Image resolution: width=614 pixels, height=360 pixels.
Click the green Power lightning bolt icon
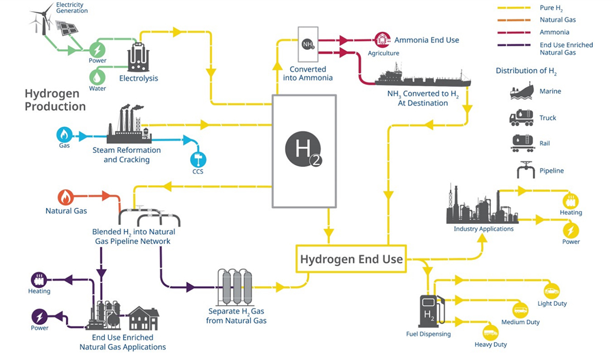click(x=97, y=50)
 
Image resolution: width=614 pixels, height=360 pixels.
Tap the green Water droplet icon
click(x=97, y=77)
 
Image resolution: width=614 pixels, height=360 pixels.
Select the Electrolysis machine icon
click(x=138, y=57)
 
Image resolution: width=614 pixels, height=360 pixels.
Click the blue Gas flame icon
click(x=64, y=135)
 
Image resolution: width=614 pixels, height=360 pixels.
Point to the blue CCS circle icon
click(x=198, y=160)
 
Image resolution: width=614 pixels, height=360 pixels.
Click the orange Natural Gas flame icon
click(x=66, y=198)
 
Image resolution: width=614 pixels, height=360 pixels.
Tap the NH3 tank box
click(x=308, y=44)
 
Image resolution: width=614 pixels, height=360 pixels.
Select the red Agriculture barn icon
click(x=382, y=40)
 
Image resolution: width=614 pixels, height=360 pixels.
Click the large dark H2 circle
click(x=303, y=150)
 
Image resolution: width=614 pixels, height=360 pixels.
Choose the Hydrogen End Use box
click(x=351, y=259)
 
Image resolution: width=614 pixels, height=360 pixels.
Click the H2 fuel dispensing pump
click(x=431, y=311)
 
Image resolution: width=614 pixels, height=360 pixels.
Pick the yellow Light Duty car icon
click(x=551, y=291)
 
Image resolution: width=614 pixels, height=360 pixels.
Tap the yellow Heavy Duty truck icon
click(x=490, y=333)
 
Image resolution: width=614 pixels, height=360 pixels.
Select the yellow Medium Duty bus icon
click(x=520, y=310)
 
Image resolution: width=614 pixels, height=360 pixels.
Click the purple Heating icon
click(x=39, y=280)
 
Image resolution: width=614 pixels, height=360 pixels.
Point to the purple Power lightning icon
click(x=39, y=316)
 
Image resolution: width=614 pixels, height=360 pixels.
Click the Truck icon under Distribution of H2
click(x=521, y=118)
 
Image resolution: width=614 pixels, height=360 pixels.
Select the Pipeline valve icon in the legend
click(x=525, y=170)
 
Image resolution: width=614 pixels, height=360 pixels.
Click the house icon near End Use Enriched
click(x=143, y=318)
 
